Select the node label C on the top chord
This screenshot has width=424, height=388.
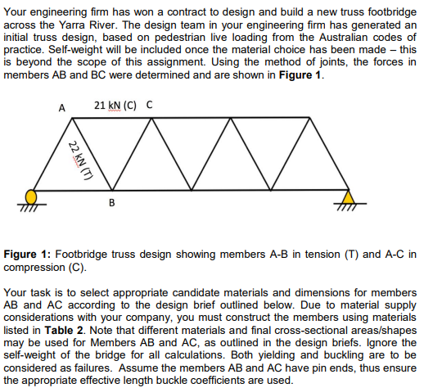(x=148, y=105)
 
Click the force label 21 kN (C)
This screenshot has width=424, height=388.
(x=115, y=105)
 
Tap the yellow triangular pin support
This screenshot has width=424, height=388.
(x=350, y=196)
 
